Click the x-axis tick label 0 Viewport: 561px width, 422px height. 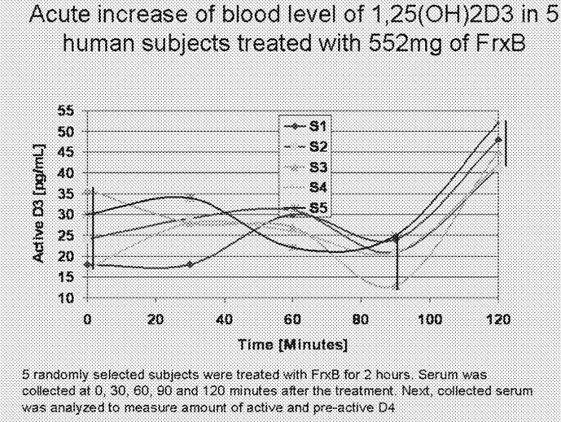[x=88, y=319]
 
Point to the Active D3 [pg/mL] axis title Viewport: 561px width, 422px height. [x=38, y=203]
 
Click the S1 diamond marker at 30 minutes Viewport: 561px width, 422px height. [x=189, y=264]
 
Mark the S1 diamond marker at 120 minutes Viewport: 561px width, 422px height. [x=497, y=139]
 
